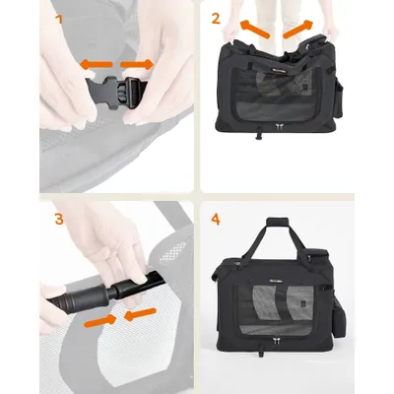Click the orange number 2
216,18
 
